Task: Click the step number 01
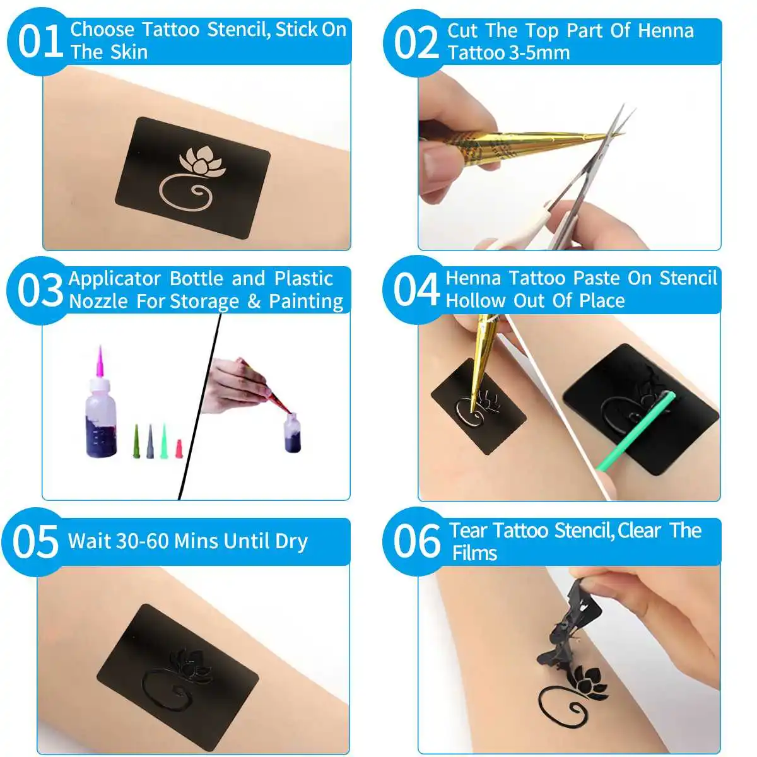(39, 42)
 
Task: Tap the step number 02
(416, 43)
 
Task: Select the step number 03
(39, 291)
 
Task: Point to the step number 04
(416, 290)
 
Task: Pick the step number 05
(35, 541)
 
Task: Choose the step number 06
(416, 541)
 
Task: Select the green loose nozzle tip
(164, 440)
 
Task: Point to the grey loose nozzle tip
(150, 442)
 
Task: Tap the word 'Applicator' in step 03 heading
(115, 279)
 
